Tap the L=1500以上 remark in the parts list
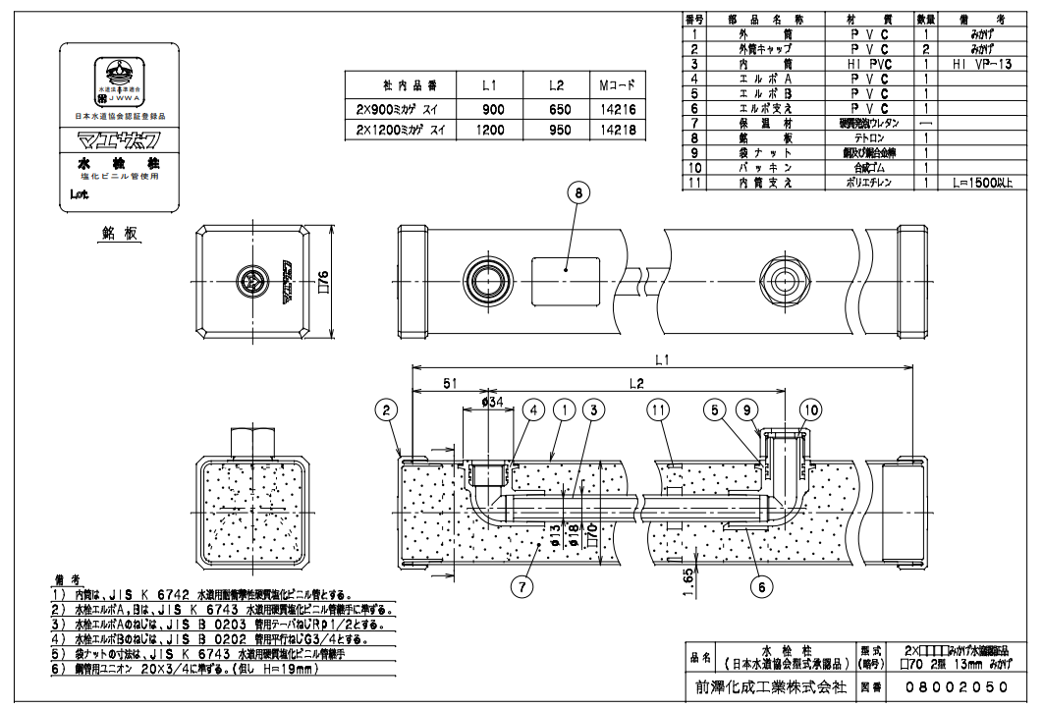coord(983,183)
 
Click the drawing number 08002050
coord(942,689)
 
